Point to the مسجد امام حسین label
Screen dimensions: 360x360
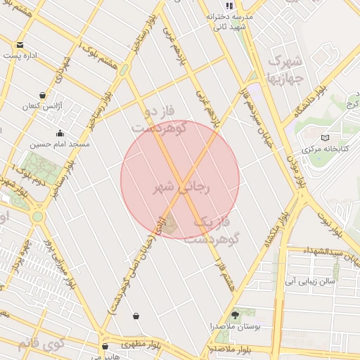tap(59, 143)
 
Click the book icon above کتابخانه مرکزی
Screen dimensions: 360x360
tap(323, 138)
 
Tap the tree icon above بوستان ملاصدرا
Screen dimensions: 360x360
tap(235, 316)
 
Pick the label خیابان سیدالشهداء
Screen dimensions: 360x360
tap(333, 251)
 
